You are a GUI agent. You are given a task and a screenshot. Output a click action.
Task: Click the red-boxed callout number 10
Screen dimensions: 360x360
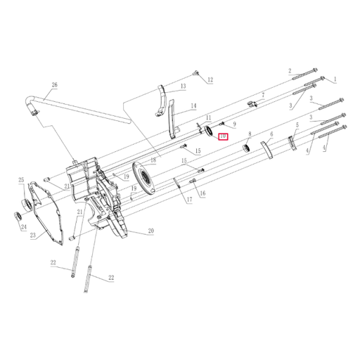click(x=223, y=136)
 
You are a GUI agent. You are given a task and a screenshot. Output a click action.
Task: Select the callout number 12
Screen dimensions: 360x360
click(x=210, y=79)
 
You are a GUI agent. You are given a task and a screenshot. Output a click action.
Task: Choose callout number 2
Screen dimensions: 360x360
click(x=289, y=71)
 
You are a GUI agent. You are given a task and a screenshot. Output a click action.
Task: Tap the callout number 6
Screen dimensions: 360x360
click(x=271, y=133)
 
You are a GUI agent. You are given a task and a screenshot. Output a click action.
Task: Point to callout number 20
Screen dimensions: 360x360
click(x=150, y=231)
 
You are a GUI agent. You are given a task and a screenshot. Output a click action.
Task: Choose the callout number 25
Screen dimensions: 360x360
click(x=21, y=179)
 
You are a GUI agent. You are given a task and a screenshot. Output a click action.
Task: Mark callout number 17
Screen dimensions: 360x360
click(x=189, y=200)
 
